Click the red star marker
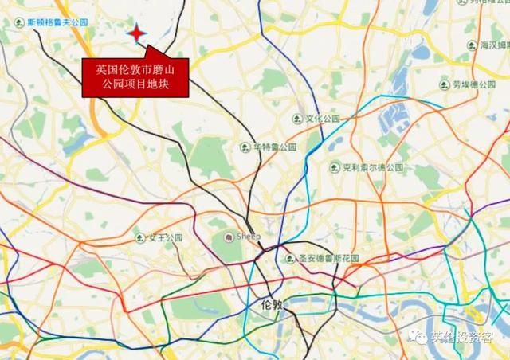pyautogui.click(x=137, y=33)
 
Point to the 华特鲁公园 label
pyautogui.click(x=275, y=147)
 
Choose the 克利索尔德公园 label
pyautogui.click(x=373, y=168)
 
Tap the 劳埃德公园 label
pyautogui.click(x=475, y=83)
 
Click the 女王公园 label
pyautogui.click(x=165, y=237)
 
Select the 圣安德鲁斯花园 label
pyautogui.click(x=328, y=259)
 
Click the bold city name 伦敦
pyautogui.click(x=272, y=304)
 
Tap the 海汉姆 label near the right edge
pyautogui.click(x=494, y=46)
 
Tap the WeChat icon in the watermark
pyautogui.click(x=422, y=337)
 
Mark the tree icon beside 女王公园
pyautogui.click(x=140, y=237)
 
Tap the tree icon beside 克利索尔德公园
pyautogui.click(x=335, y=168)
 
